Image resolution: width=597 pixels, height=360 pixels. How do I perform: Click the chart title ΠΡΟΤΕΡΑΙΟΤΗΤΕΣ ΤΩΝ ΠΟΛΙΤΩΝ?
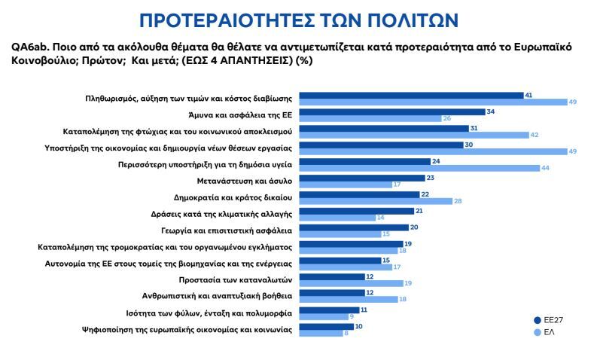[298, 18]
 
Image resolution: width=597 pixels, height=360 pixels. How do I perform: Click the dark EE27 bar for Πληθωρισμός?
[412, 96]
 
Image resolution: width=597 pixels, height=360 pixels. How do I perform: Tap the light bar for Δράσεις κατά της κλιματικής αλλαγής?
[337, 218]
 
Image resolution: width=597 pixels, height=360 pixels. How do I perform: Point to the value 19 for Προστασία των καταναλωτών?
[408, 283]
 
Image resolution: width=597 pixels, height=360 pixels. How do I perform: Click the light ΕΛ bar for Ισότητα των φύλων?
[324, 316]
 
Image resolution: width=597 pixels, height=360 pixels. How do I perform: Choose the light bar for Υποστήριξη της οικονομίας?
[433, 151]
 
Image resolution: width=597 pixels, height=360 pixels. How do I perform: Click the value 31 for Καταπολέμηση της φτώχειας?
[474, 129]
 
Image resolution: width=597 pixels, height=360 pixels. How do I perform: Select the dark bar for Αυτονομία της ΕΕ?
[340, 260]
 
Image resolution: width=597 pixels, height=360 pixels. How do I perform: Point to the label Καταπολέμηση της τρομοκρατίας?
[165, 246]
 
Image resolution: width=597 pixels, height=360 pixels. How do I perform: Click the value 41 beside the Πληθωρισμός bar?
[529, 96]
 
